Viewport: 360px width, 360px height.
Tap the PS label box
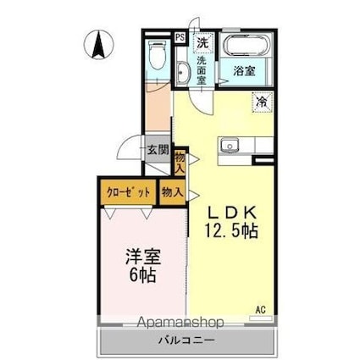[180, 38]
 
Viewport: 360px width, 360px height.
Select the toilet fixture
[156, 57]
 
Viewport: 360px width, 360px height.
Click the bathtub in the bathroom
[243, 46]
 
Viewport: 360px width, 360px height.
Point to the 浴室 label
[243, 72]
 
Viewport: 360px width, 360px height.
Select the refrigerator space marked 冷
[263, 102]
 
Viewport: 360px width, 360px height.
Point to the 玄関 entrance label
[157, 150]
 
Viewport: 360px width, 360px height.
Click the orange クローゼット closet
[128, 192]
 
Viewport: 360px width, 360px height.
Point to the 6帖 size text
[141, 275]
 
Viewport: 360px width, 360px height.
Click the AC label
[262, 311]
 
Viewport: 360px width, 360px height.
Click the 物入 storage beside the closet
[173, 193]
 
